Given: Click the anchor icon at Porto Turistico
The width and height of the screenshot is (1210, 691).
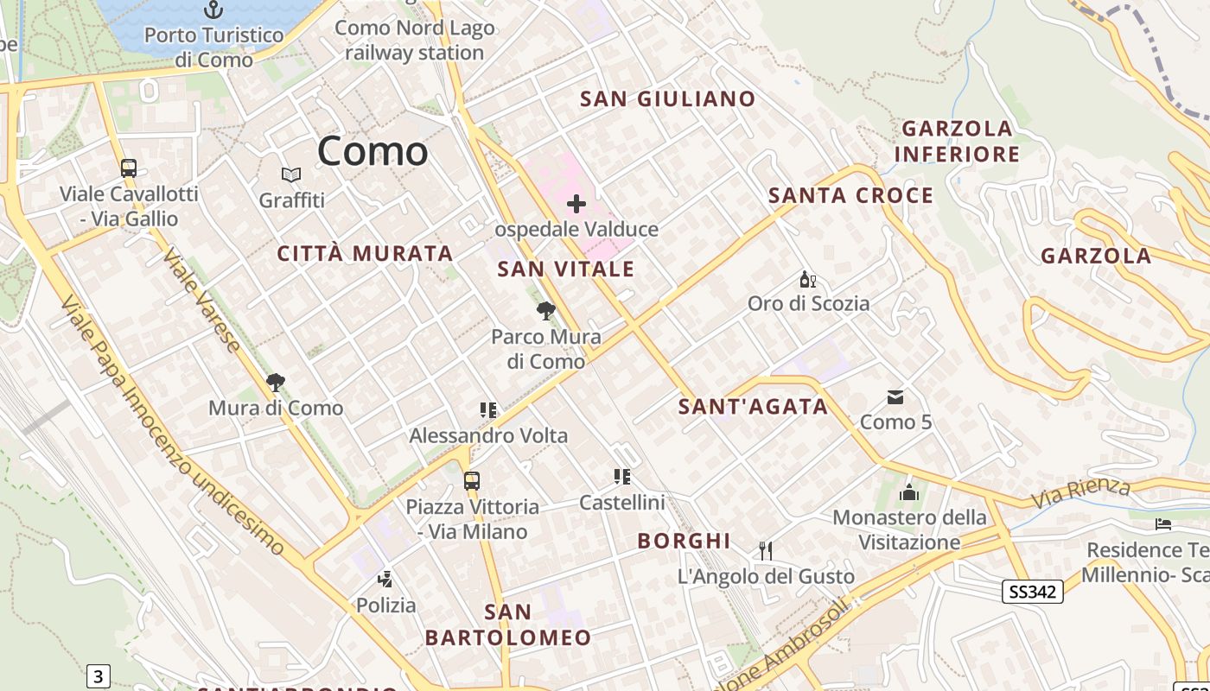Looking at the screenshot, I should point(213,10).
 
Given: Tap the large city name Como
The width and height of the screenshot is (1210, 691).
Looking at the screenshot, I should point(373,152).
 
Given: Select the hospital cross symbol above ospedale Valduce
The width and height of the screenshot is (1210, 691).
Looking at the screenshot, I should point(576,205).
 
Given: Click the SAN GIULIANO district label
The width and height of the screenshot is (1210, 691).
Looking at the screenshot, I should point(667,99).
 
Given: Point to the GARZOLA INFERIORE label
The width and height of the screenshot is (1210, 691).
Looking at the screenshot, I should point(957,142).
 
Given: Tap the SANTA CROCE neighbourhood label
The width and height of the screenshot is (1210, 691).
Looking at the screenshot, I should point(850,196).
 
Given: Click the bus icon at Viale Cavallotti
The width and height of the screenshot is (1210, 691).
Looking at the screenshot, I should point(129,168).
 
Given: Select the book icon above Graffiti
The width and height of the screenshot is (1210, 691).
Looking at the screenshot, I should point(292,175).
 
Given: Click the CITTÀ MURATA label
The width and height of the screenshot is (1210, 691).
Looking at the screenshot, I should point(365,254).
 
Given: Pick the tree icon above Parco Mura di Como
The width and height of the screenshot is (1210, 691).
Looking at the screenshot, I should point(545,311).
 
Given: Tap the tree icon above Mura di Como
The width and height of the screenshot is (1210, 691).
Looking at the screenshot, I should point(276,382).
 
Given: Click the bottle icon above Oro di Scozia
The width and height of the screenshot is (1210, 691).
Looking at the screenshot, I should point(808,279).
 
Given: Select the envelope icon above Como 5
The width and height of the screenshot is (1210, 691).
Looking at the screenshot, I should point(895,397).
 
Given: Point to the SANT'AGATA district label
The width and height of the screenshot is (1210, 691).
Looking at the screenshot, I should point(753,407).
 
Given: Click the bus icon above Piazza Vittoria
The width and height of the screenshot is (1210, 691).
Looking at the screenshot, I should point(472,481).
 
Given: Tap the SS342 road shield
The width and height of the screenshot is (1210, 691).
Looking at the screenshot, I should point(1032,592).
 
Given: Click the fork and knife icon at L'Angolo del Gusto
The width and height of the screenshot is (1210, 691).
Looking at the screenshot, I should point(765,550).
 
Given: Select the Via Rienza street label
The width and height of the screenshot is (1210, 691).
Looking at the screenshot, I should point(1080,492).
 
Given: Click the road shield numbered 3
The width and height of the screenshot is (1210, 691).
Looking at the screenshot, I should point(99,676).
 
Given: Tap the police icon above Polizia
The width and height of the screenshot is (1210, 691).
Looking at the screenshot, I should point(385,580).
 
